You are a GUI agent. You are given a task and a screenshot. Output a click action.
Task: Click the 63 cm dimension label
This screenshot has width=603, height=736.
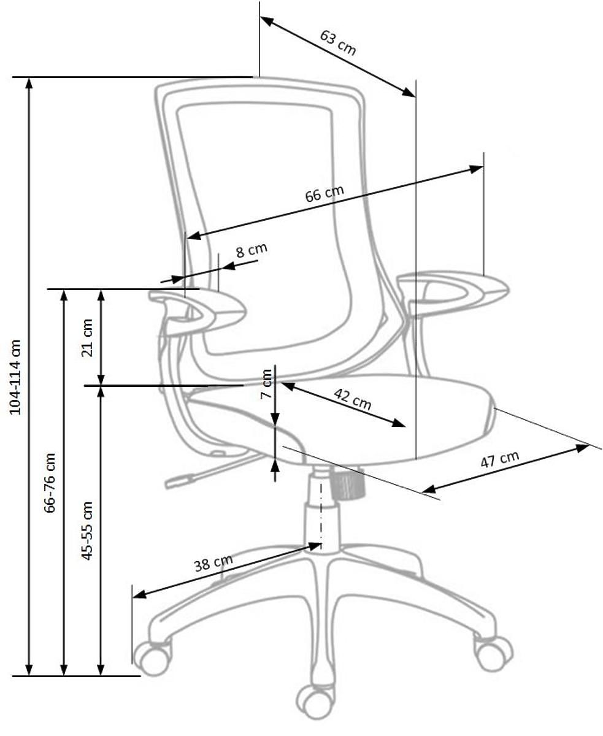[338, 43]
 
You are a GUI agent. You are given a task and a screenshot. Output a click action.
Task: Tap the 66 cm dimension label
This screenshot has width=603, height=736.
[325, 193]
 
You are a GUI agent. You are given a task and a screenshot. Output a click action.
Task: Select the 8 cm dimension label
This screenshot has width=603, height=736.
[252, 250]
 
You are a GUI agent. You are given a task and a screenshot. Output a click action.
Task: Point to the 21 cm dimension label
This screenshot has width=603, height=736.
[87, 337]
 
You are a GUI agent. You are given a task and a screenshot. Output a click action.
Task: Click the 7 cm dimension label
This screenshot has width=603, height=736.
[267, 384]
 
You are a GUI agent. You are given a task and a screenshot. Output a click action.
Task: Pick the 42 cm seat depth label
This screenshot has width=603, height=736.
[353, 399]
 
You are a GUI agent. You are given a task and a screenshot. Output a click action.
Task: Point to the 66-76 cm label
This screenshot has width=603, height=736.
[50, 483]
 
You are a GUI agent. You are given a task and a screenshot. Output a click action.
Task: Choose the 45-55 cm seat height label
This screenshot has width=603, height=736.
[87, 531]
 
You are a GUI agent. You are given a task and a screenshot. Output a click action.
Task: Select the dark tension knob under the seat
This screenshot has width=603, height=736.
[347, 484]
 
